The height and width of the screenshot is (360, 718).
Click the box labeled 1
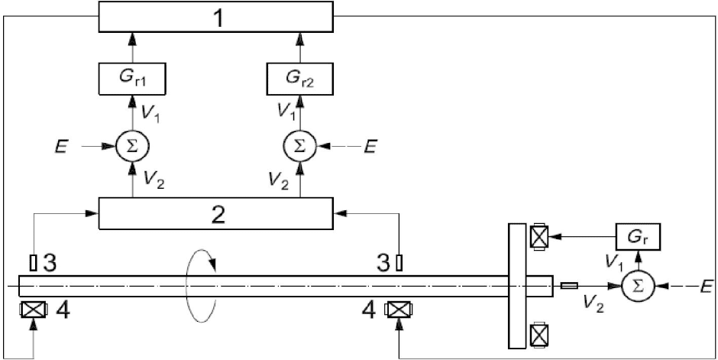(215, 17)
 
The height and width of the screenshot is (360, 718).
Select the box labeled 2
(215, 213)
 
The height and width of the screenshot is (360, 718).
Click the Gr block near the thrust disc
(638, 237)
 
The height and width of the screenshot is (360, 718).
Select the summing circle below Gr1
(132, 146)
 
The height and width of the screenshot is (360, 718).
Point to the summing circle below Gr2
(300, 146)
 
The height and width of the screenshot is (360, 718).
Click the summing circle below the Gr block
(638, 286)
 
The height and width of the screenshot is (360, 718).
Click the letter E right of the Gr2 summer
(370, 147)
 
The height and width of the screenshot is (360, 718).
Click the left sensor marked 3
(33, 262)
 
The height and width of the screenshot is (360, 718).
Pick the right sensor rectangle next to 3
(399, 262)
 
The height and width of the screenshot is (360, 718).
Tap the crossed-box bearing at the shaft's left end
(33, 310)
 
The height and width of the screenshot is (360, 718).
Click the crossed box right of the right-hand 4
(399, 310)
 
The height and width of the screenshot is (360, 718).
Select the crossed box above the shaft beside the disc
(538, 237)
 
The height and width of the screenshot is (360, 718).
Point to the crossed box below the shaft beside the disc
(538, 335)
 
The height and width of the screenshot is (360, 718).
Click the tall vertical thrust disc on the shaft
(516, 286)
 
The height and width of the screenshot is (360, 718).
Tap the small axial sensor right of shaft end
(569, 286)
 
